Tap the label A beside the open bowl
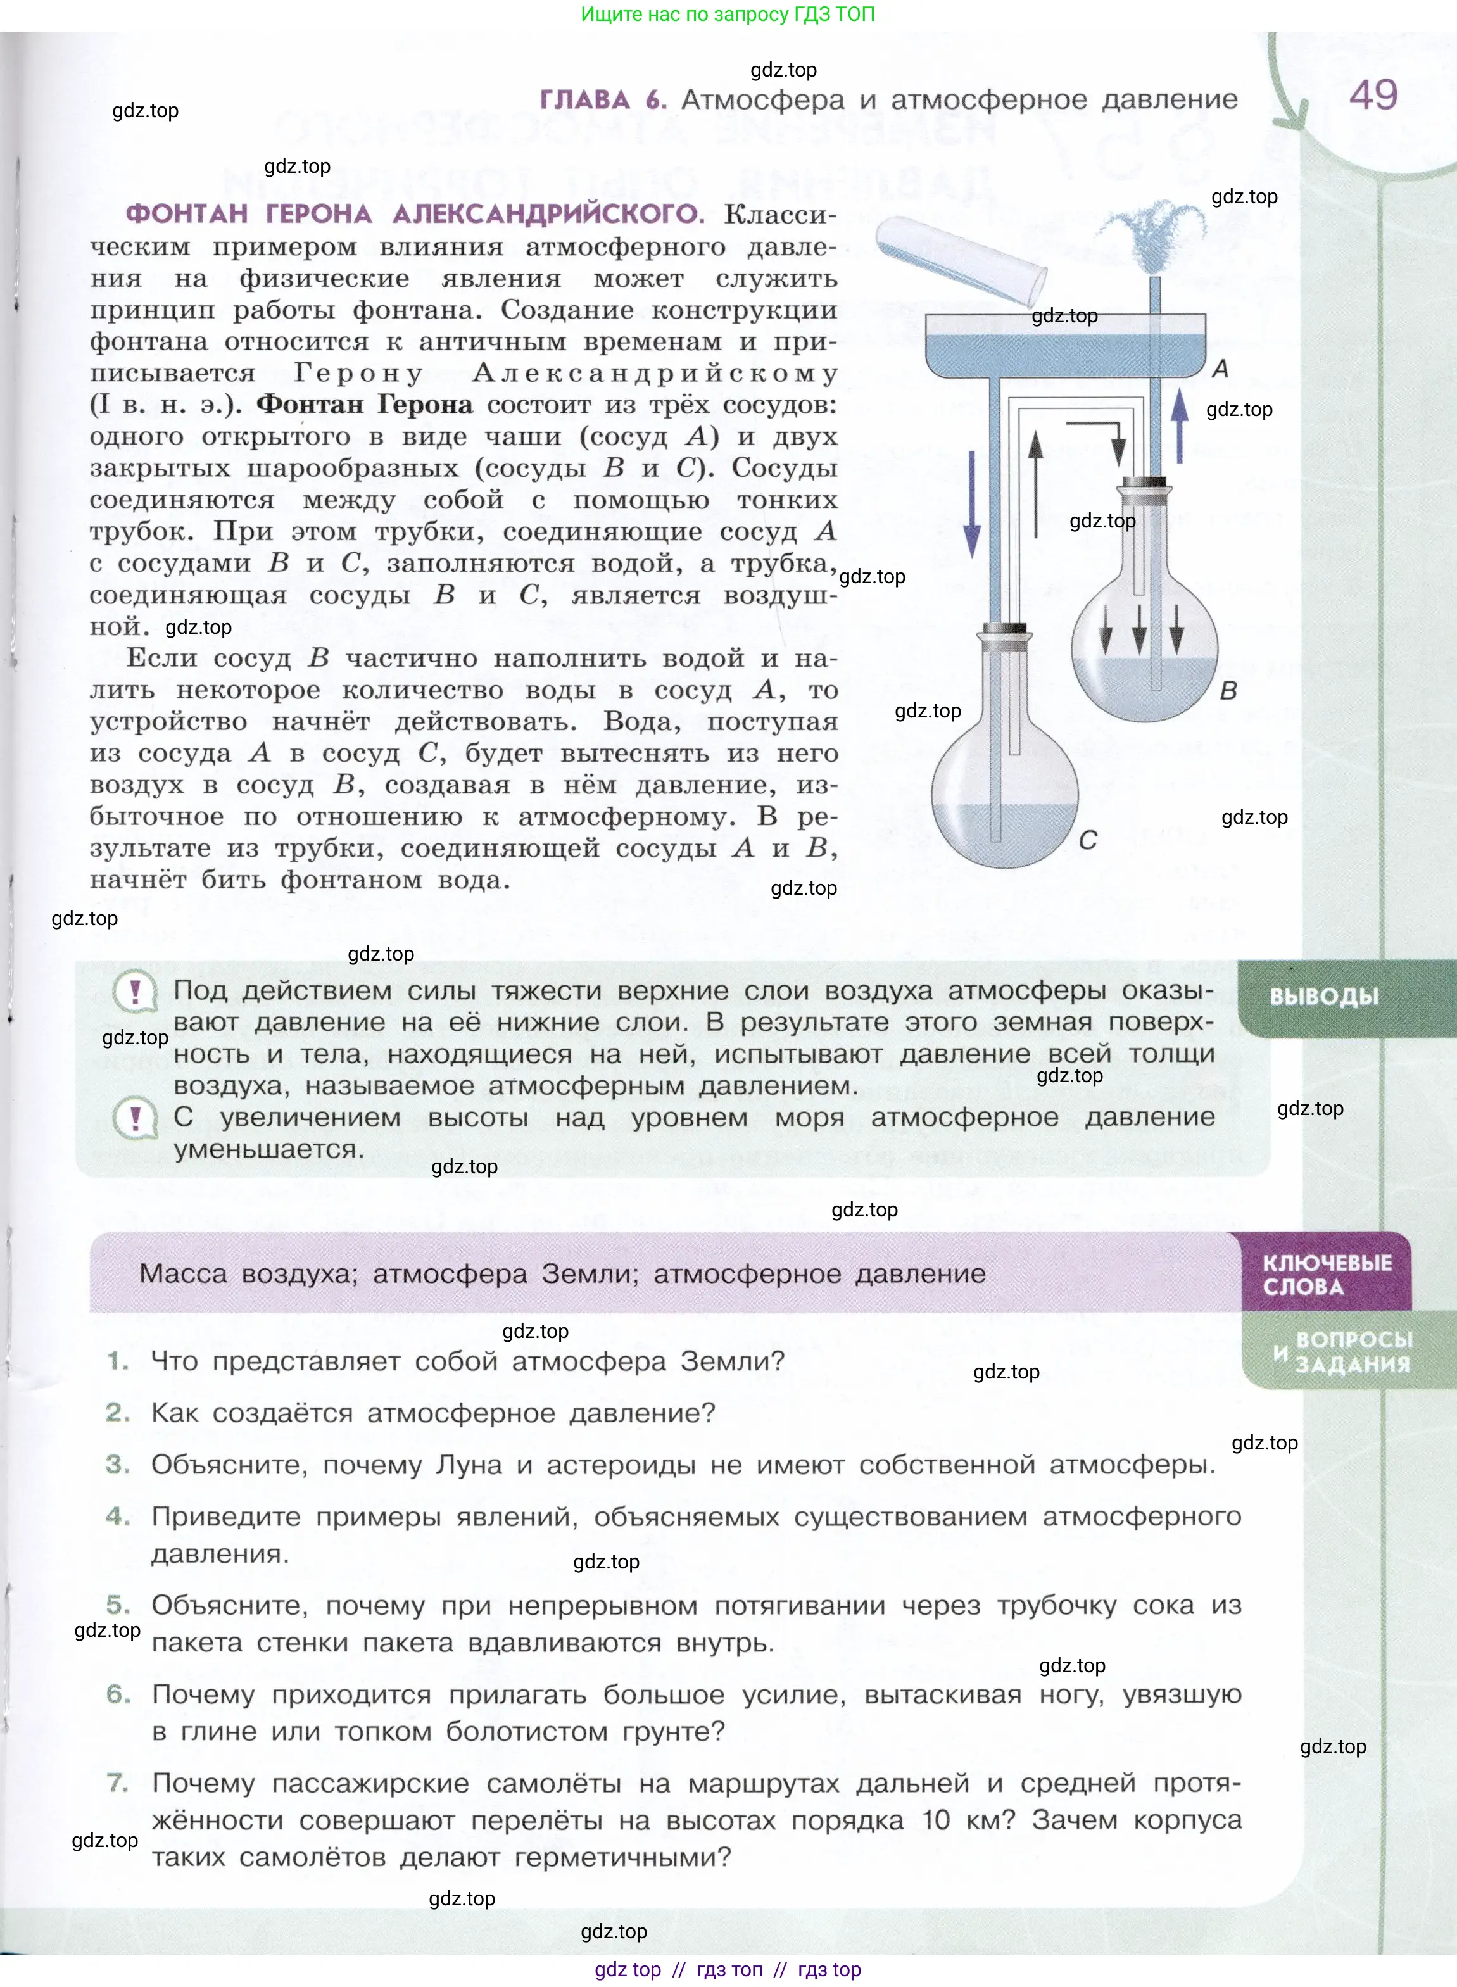pyautogui.click(x=1221, y=369)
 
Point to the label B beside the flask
pyautogui.click(x=1228, y=691)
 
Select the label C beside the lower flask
pyautogui.click(x=1087, y=840)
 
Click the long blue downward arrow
pyautogui.click(x=972, y=503)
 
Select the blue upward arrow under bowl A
pyautogui.click(x=1179, y=427)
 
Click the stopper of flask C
pyautogui.click(x=1004, y=631)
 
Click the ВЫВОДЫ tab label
pyautogui.click(x=1324, y=997)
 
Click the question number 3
pyautogui.click(x=117, y=1465)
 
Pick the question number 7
pyautogui.click(x=117, y=1783)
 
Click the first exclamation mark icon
pyautogui.click(x=135, y=992)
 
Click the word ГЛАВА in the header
pyautogui.click(x=584, y=99)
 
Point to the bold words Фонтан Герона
pyautogui.click(x=364, y=405)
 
